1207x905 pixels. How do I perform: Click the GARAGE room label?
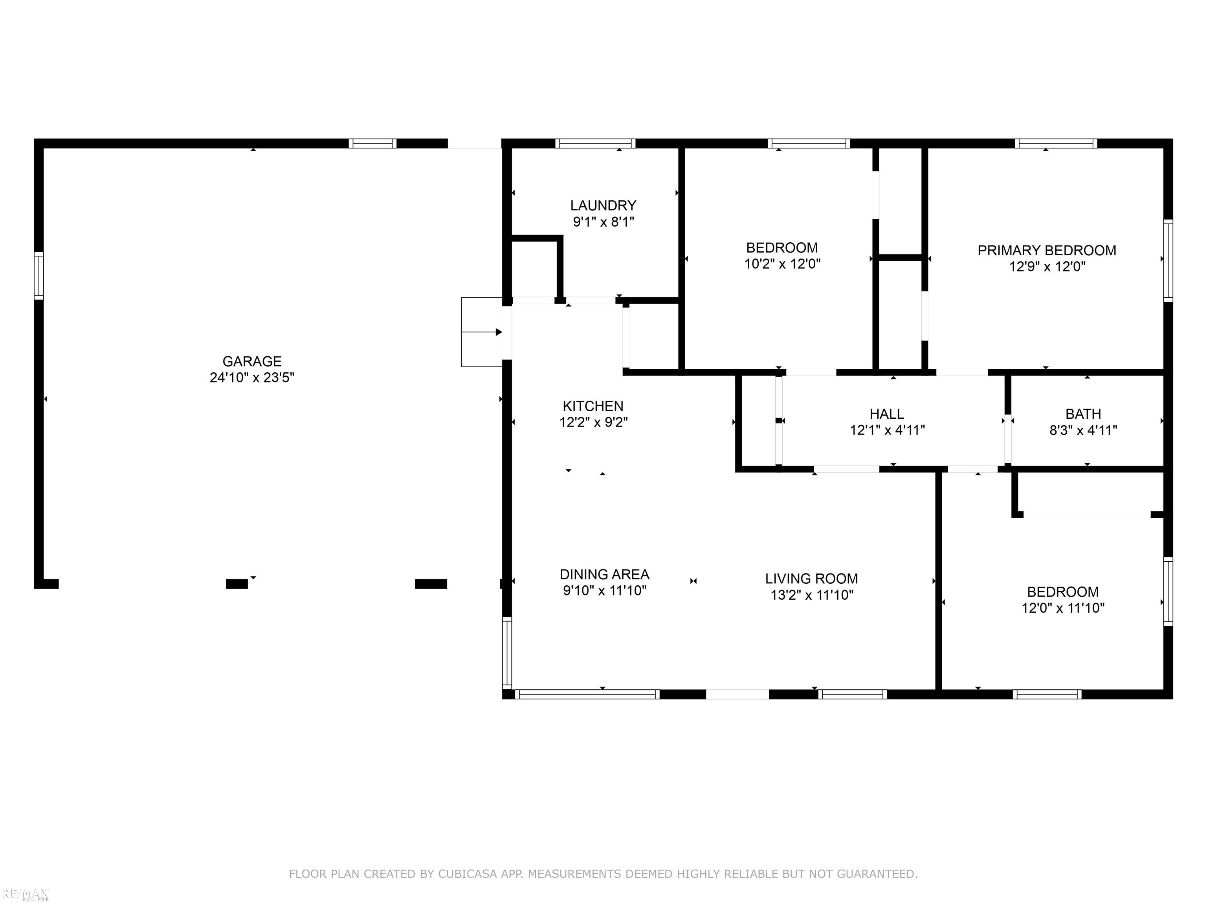[252, 361]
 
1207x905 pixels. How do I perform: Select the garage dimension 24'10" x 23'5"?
[252, 377]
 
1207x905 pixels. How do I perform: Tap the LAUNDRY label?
[603, 206]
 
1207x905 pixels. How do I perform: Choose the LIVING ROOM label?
[811, 579]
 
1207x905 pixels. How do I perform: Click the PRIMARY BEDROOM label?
[1047, 250]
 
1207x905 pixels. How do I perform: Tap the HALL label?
[887, 414]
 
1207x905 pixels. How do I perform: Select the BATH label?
[1083, 414]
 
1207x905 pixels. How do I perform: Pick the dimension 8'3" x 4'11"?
[1083, 431]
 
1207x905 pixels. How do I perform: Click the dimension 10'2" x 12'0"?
[782, 264]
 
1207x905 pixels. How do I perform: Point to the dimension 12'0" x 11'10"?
[1063, 608]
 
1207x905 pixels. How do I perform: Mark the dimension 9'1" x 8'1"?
[603, 222]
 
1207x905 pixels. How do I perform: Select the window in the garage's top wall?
[373, 143]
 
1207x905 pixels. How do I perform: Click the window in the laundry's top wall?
[595, 143]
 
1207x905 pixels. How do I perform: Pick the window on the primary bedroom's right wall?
[1168, 260]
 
